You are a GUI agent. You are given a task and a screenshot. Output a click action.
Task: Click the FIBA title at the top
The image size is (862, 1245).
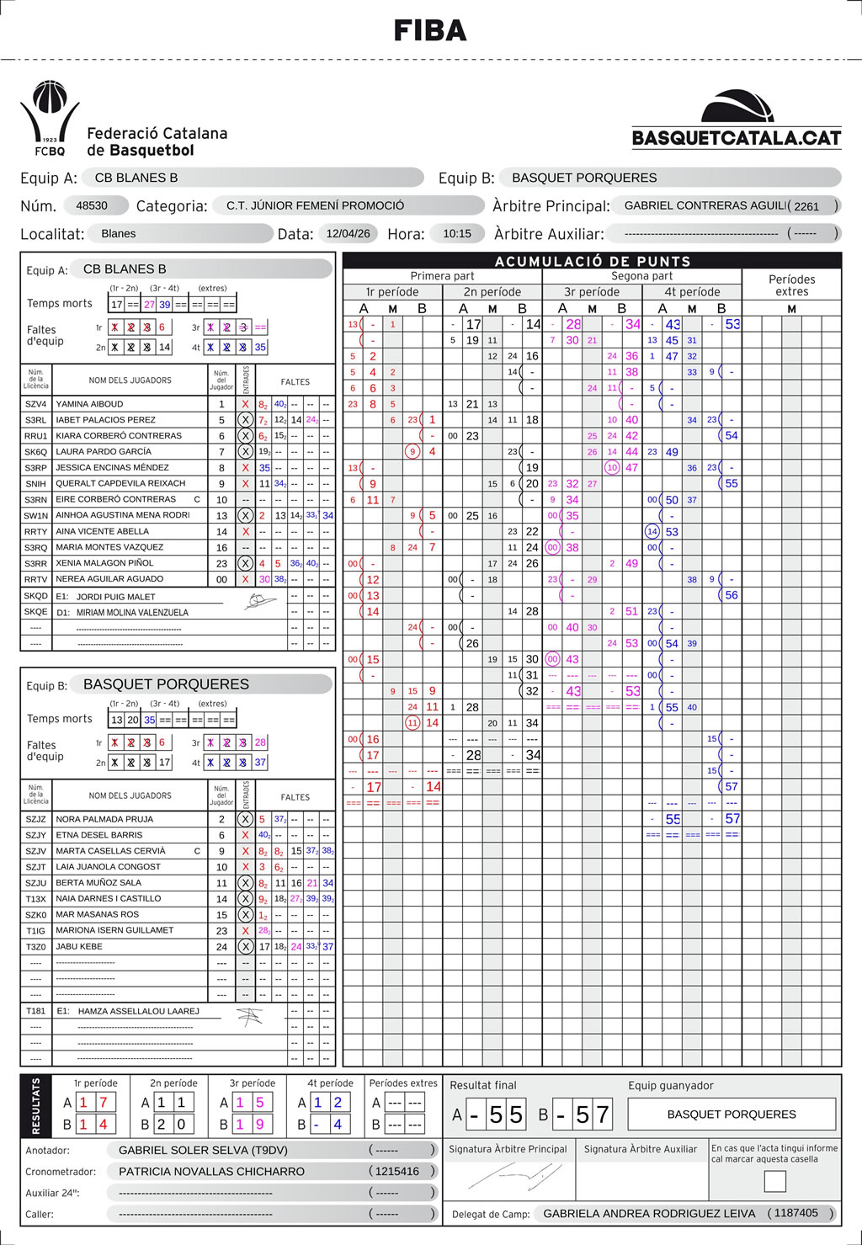(x=430, y=31)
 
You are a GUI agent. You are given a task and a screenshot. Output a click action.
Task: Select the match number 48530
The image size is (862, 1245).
(x=92, y=205)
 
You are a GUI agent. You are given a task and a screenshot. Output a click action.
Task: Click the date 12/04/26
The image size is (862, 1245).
(x=348, y=233)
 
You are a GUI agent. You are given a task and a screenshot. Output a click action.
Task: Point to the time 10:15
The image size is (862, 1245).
(x=457, y=233)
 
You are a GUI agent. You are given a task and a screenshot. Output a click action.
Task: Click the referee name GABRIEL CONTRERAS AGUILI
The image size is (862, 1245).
(x=705, y=205)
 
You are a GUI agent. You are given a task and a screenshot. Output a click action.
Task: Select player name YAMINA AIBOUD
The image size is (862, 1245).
(x=89, y=404)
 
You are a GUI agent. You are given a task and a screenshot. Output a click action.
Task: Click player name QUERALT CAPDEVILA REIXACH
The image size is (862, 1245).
(x=120, y=483)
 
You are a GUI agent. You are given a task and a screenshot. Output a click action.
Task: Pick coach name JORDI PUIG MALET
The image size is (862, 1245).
(x=116, y=597)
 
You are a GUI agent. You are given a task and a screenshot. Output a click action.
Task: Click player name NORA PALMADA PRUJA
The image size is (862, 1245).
(x=104, y=819)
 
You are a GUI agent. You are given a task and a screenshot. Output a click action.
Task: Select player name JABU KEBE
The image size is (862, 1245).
(x=79, y=946)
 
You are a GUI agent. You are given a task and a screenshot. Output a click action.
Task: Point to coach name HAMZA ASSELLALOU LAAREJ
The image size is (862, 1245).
(x=139, y=1011)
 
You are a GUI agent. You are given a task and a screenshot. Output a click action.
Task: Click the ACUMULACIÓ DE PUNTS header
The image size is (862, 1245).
(x=592, y=261)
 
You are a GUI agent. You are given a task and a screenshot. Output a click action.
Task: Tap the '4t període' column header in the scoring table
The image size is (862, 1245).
(x=692, y=292)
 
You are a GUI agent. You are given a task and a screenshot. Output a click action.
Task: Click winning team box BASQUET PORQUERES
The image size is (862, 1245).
(x=731, y=1115)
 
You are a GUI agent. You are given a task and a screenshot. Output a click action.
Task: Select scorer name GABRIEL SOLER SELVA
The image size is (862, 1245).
(x=203, y=1150)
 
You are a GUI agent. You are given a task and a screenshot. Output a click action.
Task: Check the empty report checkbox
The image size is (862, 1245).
(x=774, y=1181)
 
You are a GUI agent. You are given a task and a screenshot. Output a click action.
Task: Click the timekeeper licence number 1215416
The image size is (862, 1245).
(x=396, y=1171)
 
